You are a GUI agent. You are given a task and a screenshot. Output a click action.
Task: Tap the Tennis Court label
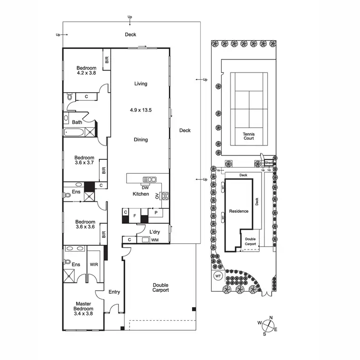[x=248, y=136]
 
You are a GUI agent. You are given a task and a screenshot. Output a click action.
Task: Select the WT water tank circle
[x=217, y=276]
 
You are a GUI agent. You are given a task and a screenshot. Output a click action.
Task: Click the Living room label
[x=141, y=84]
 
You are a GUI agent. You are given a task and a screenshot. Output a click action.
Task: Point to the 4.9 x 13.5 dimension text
[x=141, y=110]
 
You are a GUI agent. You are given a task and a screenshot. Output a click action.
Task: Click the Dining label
[x=141, y=140]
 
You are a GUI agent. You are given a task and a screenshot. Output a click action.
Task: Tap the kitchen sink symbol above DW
[x=150, y=180]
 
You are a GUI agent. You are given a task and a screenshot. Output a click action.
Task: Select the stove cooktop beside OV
[x=165, y=195]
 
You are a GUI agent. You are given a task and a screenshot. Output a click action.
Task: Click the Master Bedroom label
[x=84, y=308]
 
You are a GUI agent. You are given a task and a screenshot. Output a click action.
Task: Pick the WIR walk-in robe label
[x=94, y=264]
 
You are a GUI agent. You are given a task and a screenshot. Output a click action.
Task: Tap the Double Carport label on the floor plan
[x=160, y=288]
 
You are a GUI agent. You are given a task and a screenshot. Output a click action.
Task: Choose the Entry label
[x=114, y=292]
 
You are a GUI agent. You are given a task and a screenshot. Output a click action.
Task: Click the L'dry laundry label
[x=154, y=232]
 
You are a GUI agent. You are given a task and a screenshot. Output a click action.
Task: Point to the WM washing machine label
[x=155, y=239]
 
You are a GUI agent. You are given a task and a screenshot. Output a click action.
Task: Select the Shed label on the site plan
[x=269, y=163]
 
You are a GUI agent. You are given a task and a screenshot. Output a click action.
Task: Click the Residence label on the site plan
[x=239, y=211]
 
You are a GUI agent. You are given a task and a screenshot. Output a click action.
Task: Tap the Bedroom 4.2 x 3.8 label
[x=86, y=71]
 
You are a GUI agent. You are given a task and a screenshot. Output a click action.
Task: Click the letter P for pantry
[x=155, y=211]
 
